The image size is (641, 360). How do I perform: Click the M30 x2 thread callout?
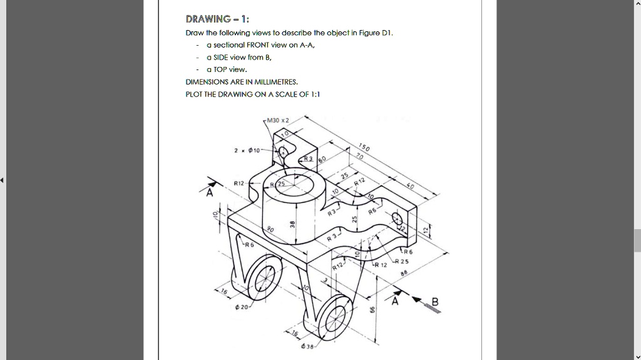click(277, 120)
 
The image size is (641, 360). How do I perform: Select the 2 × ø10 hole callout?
click(245, 151)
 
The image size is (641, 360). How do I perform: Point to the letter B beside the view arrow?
click(434, 304)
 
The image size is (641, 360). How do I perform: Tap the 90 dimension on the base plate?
click(271, 230)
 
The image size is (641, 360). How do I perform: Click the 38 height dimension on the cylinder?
click(292, 224)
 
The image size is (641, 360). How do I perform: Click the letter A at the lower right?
click(394, 302)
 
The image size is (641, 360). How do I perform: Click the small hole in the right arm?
click(397, 218)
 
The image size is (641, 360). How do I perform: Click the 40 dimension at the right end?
click(410, 187)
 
